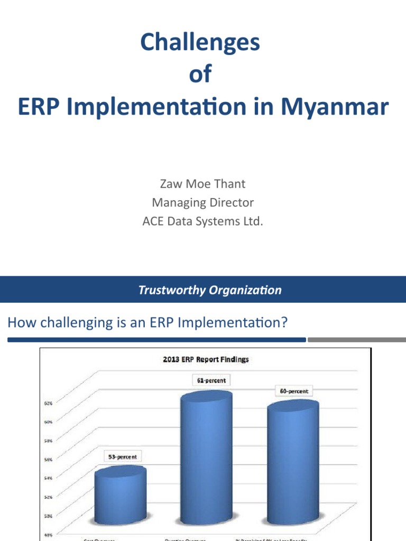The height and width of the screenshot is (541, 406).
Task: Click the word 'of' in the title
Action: click(200, 74)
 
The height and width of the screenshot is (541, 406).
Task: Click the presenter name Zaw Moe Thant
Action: click(202, 184)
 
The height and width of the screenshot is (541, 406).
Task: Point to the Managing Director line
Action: click(202, 202)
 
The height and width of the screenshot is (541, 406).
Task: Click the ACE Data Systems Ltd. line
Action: click(202, 221)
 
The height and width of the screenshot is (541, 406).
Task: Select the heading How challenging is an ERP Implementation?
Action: click(147, 322)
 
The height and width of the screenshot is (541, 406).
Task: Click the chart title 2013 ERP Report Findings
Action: click(205, 359)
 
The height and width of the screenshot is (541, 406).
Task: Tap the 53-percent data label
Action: click(122, 456)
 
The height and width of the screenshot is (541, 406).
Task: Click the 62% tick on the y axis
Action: click(48, 403)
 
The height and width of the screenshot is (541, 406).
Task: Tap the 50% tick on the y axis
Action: click(48, 516)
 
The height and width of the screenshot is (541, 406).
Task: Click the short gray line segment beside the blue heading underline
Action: click(357, 340)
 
